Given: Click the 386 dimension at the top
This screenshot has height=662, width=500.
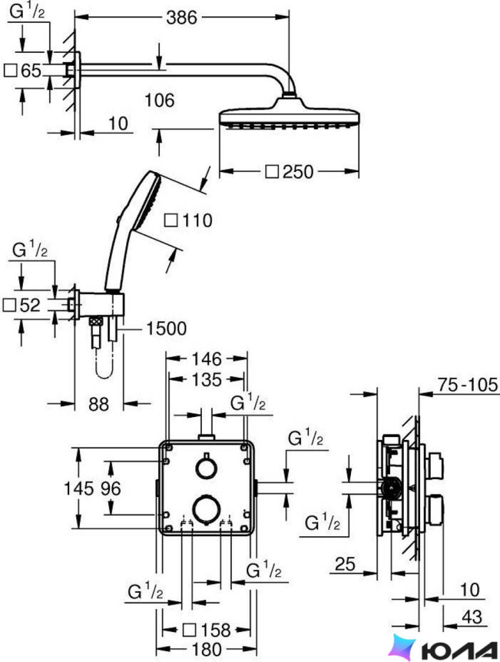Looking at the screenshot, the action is tap(181, 17).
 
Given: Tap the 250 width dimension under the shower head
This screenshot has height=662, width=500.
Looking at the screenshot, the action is tap(298, 172).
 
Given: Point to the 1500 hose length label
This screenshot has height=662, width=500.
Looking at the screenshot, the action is tap(166, 329).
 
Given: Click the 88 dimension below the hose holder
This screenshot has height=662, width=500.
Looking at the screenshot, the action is tap(99, 404).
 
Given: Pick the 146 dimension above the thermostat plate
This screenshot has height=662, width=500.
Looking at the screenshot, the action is tap(207, 359).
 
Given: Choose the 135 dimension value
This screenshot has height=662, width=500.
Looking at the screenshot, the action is tap(207, 380).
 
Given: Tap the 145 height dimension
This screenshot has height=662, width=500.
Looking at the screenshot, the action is tap(79, 489).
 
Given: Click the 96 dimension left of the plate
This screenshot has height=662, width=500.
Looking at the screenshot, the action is tap(111, 489).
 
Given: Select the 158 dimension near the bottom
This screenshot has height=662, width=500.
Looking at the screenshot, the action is tap(215, 630).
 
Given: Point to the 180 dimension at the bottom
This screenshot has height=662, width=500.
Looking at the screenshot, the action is tap(207, 649).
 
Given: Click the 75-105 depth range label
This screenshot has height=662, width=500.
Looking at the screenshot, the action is tap(468, 385).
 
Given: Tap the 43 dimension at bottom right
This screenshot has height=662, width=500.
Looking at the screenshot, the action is tap(472, 617).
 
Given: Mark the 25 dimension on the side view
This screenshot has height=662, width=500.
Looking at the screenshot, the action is tap(346, 564).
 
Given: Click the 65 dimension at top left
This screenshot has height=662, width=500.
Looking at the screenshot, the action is tap(31, 70).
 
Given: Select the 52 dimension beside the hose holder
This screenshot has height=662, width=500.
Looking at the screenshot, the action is tap(30, 305).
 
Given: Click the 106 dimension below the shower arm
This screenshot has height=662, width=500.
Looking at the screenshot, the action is tap(159, 101).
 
